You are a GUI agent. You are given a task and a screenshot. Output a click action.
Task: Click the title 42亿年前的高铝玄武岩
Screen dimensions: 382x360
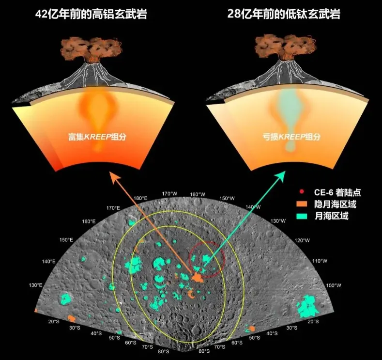91,14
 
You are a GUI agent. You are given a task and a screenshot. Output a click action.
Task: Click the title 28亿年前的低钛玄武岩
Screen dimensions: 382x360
284,14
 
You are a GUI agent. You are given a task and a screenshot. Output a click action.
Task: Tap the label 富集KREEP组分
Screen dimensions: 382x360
97,137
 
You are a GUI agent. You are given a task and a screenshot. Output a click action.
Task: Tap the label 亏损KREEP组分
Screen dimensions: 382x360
291,137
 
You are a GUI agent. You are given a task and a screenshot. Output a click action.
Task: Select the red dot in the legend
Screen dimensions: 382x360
302,192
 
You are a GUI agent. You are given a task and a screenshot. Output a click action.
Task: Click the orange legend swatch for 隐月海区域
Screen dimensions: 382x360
302,204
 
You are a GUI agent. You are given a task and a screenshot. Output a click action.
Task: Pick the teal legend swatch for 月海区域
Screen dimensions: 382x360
302,216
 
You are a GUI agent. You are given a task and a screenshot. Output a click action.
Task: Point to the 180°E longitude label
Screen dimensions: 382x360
140,198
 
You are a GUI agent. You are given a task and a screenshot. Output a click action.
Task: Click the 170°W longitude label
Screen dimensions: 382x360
169,194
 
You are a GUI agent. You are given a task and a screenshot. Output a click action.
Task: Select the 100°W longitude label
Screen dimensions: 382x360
334,285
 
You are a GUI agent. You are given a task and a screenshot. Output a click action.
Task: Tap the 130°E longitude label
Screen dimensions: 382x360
35,285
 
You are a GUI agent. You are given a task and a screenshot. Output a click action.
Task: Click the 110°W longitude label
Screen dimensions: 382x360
320,261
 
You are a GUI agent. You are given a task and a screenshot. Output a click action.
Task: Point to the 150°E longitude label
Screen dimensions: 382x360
66,240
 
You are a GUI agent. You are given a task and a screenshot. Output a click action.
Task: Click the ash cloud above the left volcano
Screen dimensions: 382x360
91,49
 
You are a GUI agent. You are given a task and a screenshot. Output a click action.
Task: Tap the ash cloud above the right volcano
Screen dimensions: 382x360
286,49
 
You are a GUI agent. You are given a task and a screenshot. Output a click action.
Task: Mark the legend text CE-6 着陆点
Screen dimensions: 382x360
337,192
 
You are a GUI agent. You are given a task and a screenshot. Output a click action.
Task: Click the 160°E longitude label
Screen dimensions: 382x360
89,221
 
